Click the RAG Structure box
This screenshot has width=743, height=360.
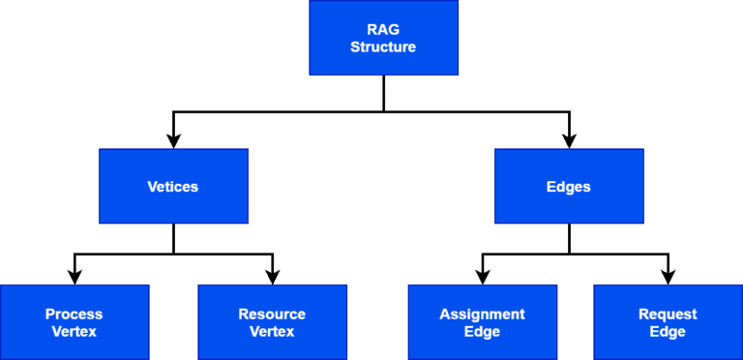(383, 38)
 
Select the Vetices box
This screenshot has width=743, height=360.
(173, 187)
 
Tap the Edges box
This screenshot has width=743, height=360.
(569, 187)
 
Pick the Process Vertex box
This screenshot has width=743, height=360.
(74, 322)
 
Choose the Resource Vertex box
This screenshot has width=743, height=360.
(272, 322)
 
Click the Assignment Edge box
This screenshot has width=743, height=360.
(482, 322)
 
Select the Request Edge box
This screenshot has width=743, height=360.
(668, 322)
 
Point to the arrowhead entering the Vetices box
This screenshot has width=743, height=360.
(173, 140)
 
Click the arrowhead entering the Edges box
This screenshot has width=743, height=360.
(569, 140)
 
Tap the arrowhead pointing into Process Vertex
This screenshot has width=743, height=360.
(74, 276)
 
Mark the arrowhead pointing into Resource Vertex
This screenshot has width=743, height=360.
(272, 276)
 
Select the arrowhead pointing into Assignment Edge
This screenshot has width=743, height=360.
(482, 276)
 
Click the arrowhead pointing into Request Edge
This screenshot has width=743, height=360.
(668, 276)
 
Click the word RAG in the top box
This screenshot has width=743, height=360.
(383, 29)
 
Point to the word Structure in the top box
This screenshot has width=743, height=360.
(383, 46)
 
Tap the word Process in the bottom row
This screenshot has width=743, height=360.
(74, 314)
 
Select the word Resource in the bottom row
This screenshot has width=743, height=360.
(272, 314)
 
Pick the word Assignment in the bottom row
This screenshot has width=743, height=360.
(482, 314)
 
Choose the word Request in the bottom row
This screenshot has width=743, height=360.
(668, 314)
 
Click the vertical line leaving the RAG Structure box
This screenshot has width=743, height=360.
(384, 93)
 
